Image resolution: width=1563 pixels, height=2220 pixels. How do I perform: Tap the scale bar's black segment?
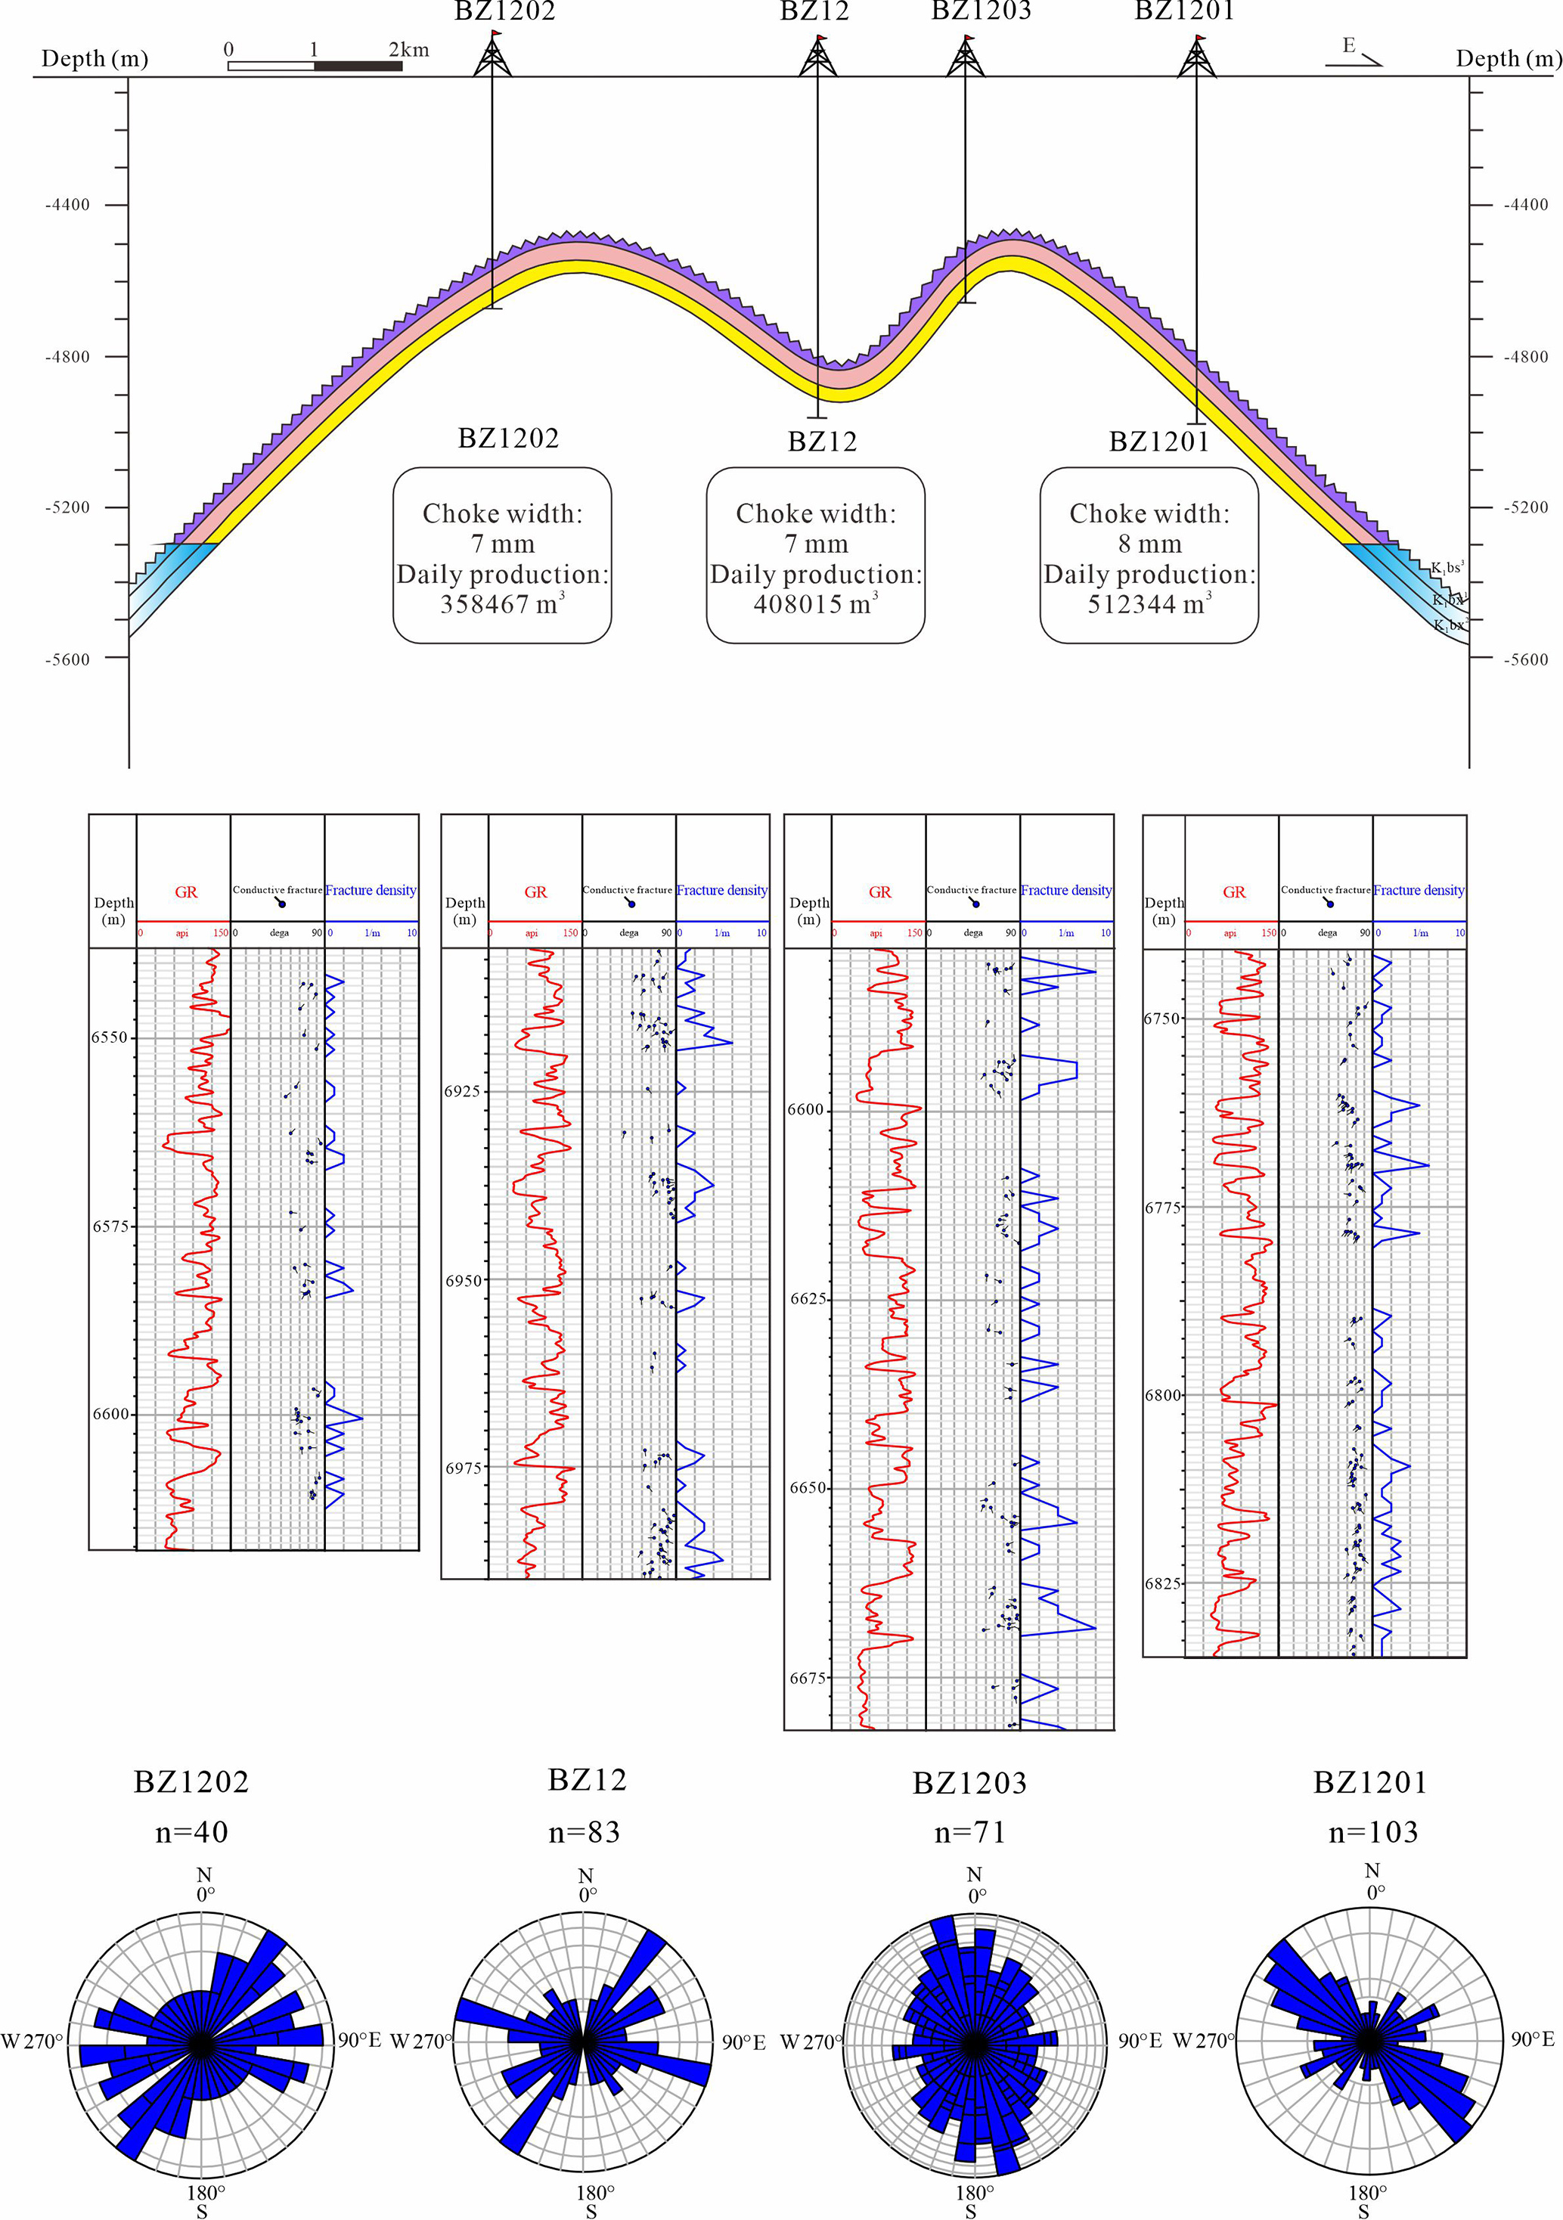358,66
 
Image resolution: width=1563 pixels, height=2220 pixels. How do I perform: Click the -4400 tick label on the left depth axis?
68,205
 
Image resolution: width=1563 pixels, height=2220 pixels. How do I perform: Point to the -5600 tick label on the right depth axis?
1525,659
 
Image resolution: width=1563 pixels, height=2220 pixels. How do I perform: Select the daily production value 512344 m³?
1149,604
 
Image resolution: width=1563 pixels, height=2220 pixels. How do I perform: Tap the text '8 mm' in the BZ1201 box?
1149,544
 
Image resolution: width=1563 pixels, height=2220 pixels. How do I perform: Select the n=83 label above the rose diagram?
585,1832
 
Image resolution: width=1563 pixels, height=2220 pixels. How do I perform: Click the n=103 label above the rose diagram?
1372,1832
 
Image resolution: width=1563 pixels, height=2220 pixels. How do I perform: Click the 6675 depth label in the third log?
807,1679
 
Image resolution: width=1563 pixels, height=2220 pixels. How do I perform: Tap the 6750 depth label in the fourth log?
1161,1019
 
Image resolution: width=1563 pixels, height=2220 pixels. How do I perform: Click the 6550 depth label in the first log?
110,1037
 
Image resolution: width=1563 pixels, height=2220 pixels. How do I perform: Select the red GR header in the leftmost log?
186,891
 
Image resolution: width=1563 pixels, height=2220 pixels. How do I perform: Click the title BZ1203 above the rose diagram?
969,1783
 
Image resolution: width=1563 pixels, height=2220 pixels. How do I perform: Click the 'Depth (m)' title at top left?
95,59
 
